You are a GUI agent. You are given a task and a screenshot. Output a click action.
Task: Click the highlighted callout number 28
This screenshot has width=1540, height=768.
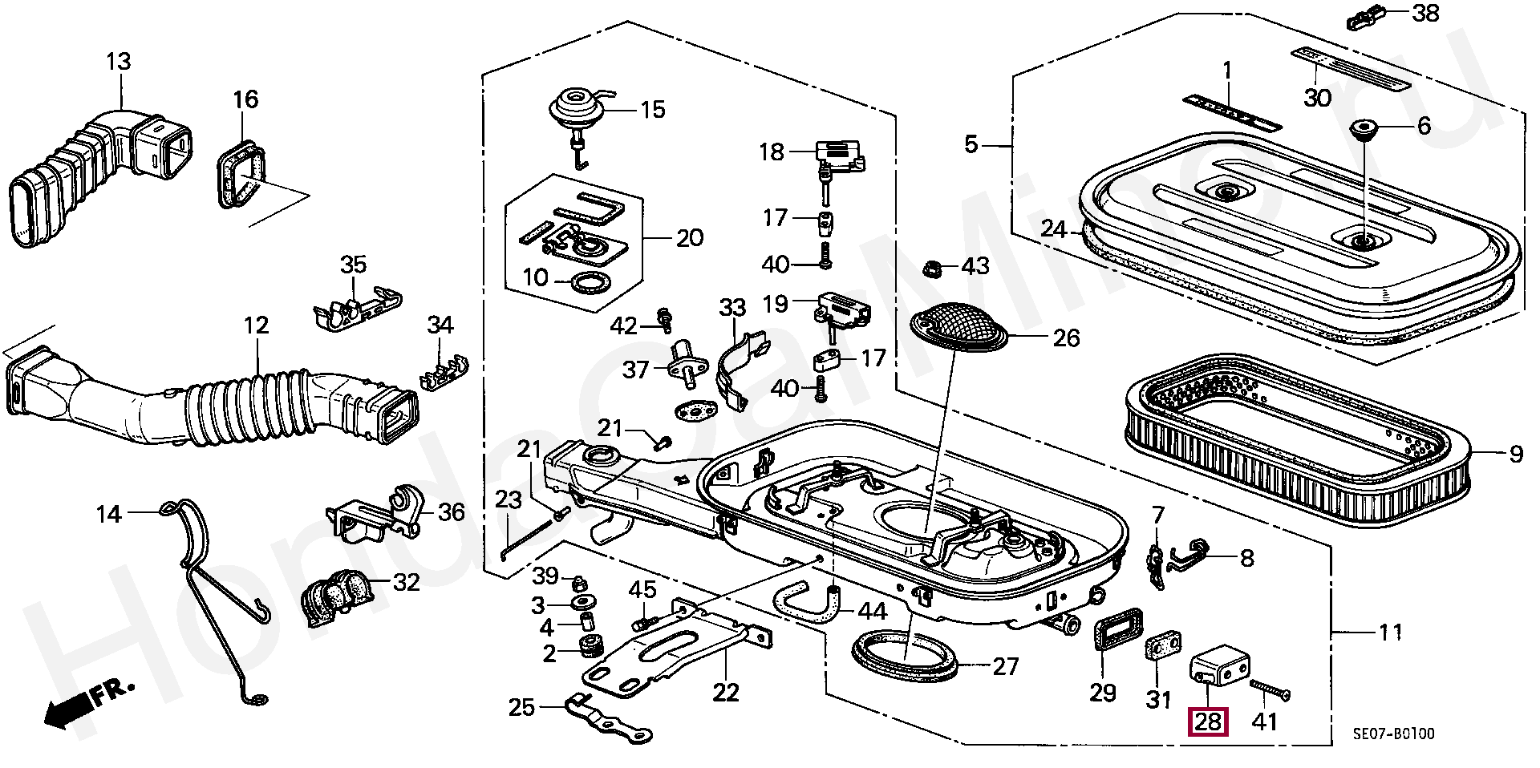coord(1208,722)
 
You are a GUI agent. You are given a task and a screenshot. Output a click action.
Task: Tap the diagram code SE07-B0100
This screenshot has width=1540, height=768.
coord(1393,734)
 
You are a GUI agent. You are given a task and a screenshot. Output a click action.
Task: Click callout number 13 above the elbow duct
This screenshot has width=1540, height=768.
coord(118,62)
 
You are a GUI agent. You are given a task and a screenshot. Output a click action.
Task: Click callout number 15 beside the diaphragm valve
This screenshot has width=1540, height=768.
coord(654,109)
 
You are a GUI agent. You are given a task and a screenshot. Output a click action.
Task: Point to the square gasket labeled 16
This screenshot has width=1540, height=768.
coord(240,175)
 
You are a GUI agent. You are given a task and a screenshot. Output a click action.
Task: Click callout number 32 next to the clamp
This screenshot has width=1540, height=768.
coord(407,581)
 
